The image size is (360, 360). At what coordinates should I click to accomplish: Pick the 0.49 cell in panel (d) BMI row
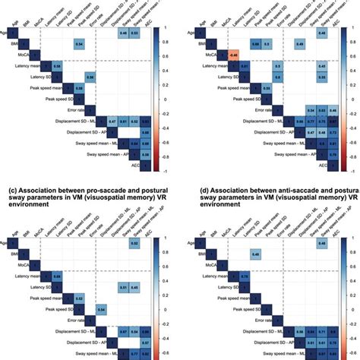point(235,253)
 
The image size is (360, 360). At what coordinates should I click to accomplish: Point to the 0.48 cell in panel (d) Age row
point(322,242)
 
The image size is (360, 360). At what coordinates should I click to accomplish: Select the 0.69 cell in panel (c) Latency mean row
point(57,278)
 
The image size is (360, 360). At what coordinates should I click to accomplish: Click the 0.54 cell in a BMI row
point(79,45)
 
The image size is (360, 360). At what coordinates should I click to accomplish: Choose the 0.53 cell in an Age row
point(134,34)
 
